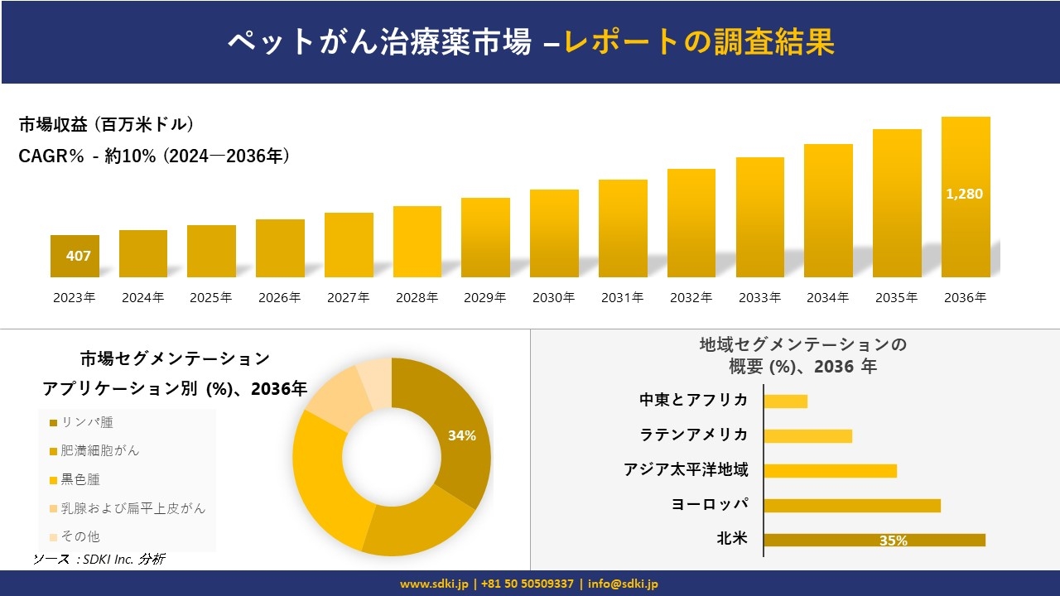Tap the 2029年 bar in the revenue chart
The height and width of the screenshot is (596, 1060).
click(x=485, y=238)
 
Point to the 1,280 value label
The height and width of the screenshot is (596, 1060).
click(x=964, y=194)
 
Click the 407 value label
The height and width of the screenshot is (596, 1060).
click(x=78, y=256)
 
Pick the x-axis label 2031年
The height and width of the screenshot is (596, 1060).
click(x=622, y=298)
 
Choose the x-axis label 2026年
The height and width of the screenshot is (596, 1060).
click(x=279, y=298)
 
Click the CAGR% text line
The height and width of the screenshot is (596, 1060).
click(x=154, y=156)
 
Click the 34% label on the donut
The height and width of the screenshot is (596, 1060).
click(x=461, y=435)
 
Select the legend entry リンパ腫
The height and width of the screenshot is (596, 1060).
click(x=86, y=422)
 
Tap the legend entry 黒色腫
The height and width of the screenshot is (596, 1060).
click(x=80, y=479)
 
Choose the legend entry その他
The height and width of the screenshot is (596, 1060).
click(x=80, y=536)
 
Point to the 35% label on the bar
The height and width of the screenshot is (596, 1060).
click(x=893, y=541)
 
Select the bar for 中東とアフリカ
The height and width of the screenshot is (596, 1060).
click(x=785, y=401)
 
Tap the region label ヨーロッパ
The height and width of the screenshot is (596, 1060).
click(x=710, y=504)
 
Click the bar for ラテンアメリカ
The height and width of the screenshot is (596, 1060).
click(x=807, y=435)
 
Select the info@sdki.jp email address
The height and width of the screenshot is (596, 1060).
click(x=623, y=584)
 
